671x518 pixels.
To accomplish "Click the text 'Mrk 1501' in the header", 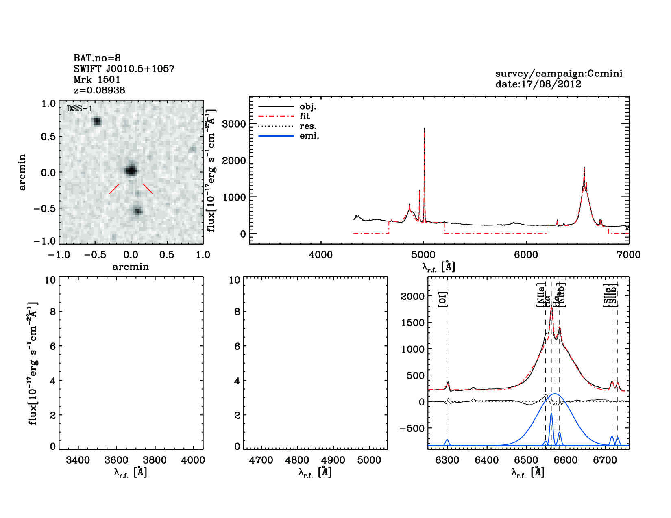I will click(97, 80).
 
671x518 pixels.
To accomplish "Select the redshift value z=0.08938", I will click(99, 90).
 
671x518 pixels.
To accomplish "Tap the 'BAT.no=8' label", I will click(97, 58).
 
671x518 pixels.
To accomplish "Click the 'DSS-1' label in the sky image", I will click(80, 108).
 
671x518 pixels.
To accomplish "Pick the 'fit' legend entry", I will click(305, 116).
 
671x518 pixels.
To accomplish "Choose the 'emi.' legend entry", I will click(309, 136).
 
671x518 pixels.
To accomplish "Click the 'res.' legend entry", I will click(308, 126).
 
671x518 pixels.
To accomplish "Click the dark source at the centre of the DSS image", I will click(131, 170).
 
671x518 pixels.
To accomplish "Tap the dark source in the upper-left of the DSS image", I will click(97, 121).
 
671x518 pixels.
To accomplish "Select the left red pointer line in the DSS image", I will click(114, 189).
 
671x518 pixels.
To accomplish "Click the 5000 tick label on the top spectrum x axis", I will click(423, 255).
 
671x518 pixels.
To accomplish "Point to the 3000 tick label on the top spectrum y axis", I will click(234, 124).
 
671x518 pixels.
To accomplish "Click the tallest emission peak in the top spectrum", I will click(424, 129).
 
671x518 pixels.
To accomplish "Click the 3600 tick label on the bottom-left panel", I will click(117, 460).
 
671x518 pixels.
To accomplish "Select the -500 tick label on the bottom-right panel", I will click(412, 428).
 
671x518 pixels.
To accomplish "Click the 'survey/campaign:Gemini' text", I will click(558, 74).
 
